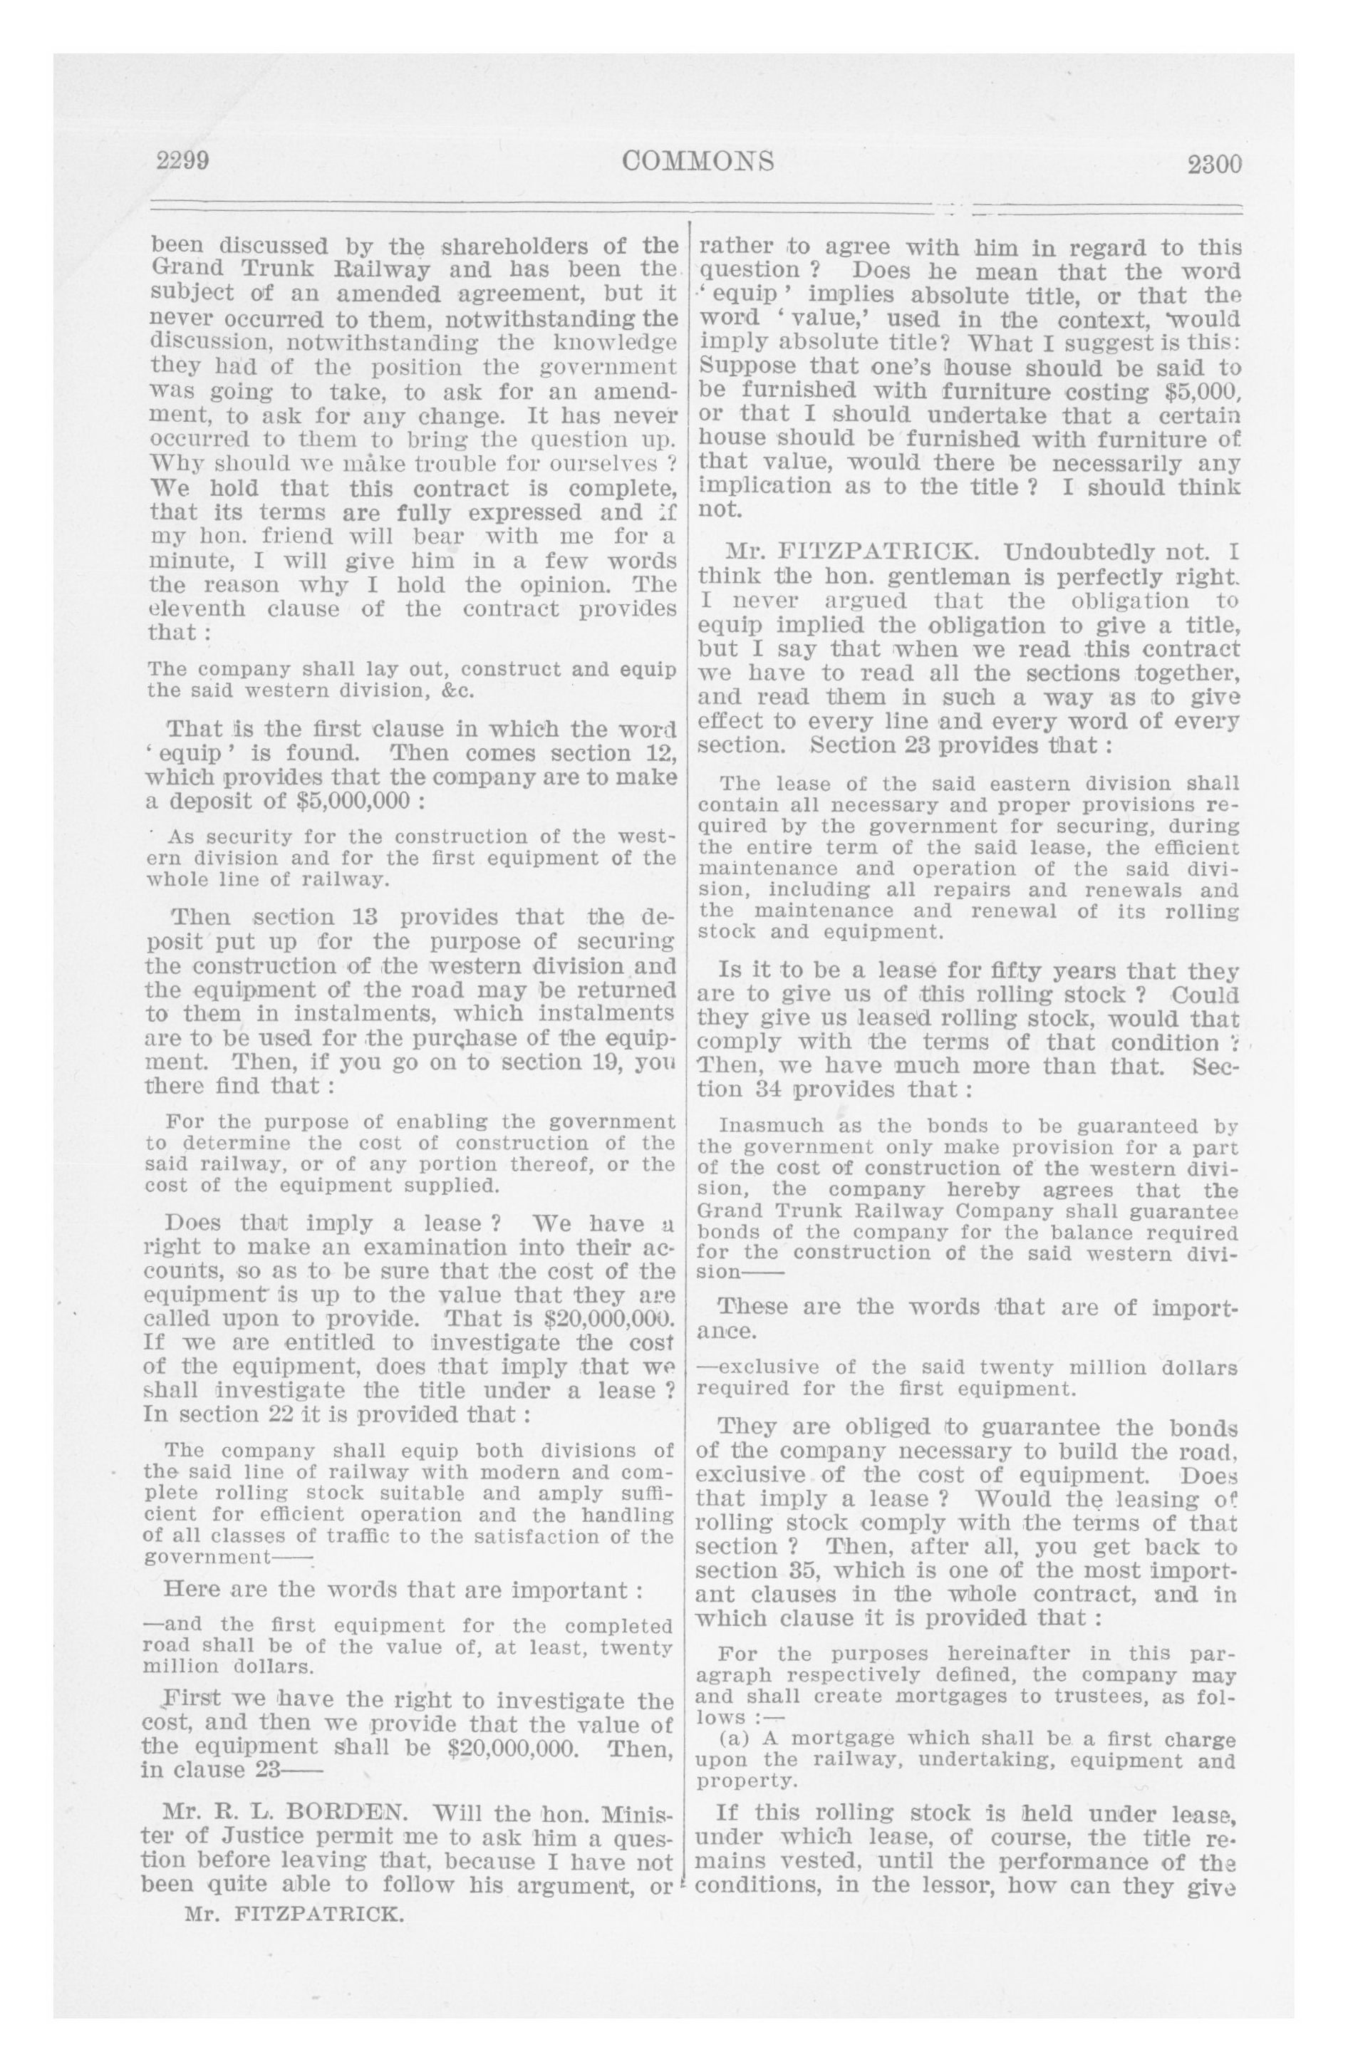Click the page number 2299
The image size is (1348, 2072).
(182, 162)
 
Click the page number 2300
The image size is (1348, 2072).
(1214, 164)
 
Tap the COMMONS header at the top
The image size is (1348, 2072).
(698, 162)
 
